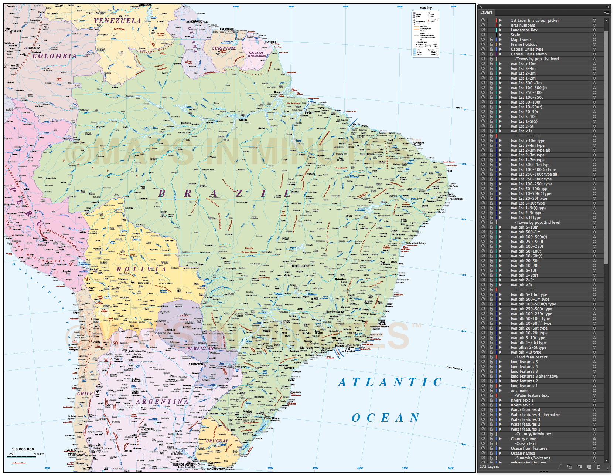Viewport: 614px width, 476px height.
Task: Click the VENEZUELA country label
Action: coord(117,21)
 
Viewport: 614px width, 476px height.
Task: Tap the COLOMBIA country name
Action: coord(54,56)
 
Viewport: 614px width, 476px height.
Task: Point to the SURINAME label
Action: coord(224,48)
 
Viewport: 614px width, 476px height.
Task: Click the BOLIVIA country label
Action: coord(141,270)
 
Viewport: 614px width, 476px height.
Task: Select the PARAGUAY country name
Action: coord(200,348)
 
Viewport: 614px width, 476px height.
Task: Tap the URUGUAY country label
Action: coord(217,441)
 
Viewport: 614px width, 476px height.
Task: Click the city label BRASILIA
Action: coord(299,266)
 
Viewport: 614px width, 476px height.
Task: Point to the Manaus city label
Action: coord(186,123)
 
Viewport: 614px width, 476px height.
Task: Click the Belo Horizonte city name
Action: coord(335,312)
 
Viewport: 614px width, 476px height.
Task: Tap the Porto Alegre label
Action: coord(272,418)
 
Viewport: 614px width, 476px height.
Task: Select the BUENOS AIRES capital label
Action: coord(183,465)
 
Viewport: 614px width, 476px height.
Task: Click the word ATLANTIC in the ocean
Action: coord(390,382)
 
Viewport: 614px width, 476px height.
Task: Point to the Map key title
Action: coord(426,8)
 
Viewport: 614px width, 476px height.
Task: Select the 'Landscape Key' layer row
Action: coord(524,30)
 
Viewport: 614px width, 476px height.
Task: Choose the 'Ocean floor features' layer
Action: coord(529,449)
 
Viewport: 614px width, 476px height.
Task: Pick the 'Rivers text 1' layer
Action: coord(522,401)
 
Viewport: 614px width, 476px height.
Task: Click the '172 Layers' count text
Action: coord(489,467)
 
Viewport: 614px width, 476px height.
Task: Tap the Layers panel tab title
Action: coord(486,13)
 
